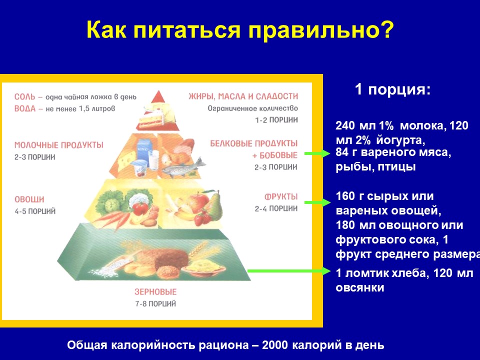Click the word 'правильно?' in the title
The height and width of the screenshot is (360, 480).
point(321,30)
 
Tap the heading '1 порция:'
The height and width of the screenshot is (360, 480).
point(393,89)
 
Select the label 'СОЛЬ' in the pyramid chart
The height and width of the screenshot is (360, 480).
point(24,96)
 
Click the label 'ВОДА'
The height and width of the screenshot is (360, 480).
point(25,108)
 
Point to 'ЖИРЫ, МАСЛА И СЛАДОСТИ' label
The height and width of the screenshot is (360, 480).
point(243,96)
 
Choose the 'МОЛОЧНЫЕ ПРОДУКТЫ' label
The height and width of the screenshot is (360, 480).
point(59,145)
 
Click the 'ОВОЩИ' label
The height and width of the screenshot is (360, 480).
point(29,199)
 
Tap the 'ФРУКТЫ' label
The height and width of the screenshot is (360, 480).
point(281,196)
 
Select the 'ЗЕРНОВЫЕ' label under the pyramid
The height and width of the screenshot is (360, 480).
point(155,291)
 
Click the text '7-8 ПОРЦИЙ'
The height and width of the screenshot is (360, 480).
point(155,304)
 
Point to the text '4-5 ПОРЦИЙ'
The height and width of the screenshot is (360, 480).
point(35,211)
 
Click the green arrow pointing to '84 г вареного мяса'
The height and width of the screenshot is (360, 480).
point(317,153)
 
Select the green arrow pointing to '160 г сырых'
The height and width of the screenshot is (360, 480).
point(317,202)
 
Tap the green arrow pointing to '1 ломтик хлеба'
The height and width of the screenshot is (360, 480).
point(289,271)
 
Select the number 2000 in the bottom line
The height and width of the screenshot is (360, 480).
point(275,345)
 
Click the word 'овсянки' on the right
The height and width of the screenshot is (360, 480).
point(359,288)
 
